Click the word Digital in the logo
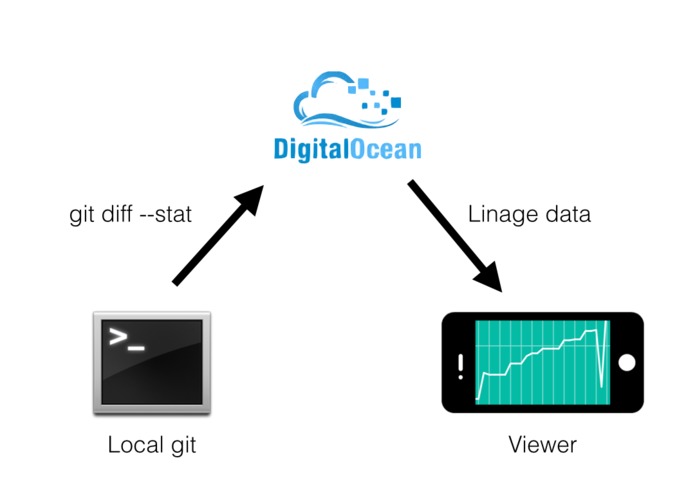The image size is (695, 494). pos(310,149)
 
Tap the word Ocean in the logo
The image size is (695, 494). pos(385,149)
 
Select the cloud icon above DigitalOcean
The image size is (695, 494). pos(347,100)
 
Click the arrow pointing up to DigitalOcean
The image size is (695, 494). pos(218,235)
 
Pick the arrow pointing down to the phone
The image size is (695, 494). pos(455,236)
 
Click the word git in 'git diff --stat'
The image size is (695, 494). pos(82,215)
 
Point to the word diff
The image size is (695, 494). pos(117,214)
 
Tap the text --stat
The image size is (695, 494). pos(165,214)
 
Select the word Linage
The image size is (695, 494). pos(503,215)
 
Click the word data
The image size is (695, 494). pos(568,214)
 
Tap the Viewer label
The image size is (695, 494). pos(543,444)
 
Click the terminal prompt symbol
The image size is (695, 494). pos(127,339)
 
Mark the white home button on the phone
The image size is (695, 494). pos(627,362)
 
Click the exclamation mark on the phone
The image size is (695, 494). pos(461,366)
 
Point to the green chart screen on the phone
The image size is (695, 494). pos(543,362)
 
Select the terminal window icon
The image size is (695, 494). pos(152,363)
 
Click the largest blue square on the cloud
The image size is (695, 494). pos(396,103)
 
